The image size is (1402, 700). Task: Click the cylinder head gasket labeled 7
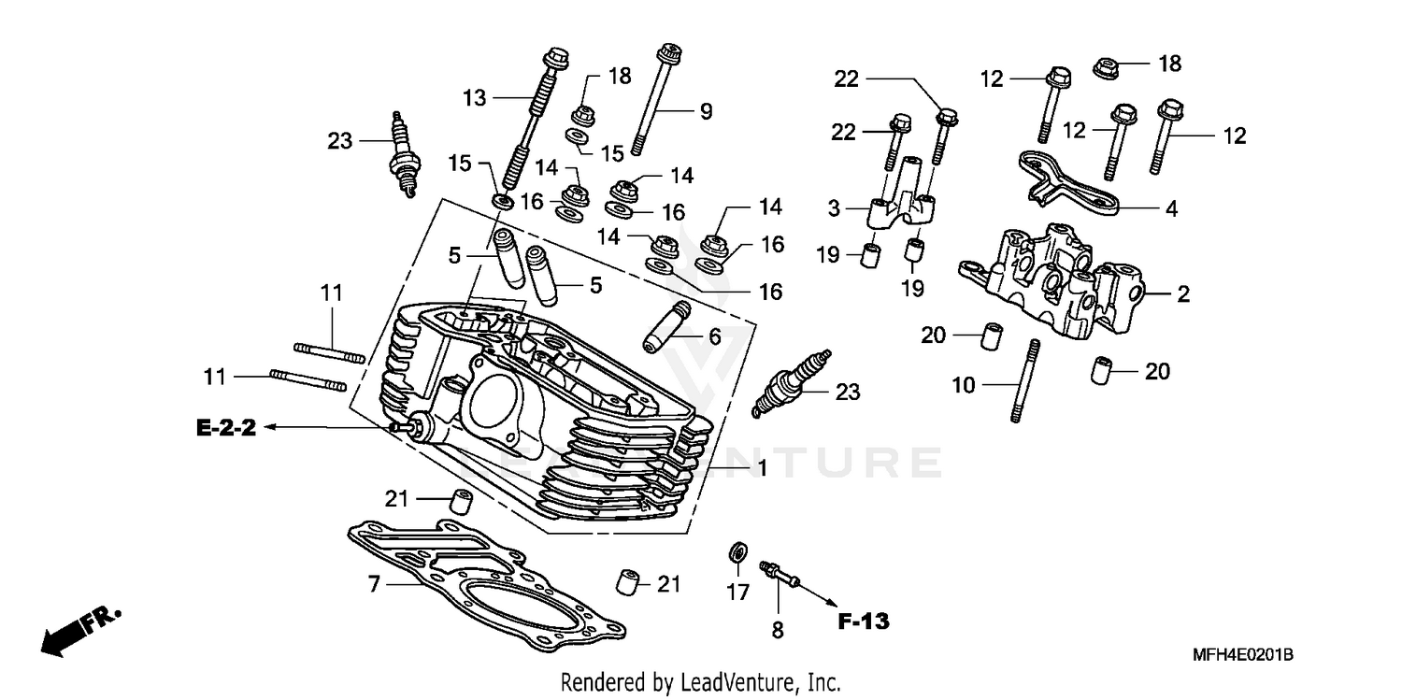(x=486, y=579)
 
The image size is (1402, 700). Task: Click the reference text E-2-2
(x=225, y=428)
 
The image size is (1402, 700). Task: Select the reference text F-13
(x=862, y=621)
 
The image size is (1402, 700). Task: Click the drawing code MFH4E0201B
(x=1241, y=656)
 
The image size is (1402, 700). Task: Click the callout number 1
(x=762, y=468)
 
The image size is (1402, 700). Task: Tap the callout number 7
(x=373, y=585)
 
